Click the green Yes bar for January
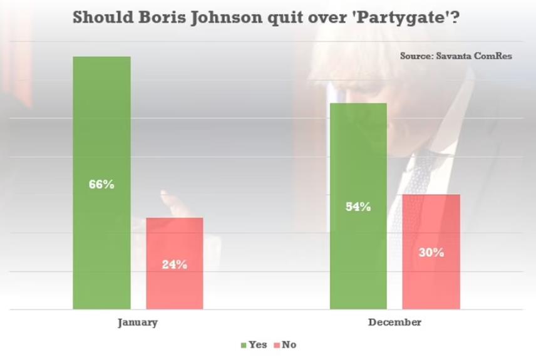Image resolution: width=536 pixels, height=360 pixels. point(101,125)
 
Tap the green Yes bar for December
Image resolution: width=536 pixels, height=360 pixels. point(358,157)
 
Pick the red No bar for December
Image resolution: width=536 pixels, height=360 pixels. point(431,225)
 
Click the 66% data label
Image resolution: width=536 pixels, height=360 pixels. point(101,185)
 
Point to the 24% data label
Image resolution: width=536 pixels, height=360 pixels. point(175,264)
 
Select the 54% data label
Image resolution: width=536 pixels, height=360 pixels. point(358,207)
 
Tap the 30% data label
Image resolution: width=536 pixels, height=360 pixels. point(431,253)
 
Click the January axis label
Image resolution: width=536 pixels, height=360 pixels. point(138,322)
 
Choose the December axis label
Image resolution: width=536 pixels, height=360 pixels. point(394,322)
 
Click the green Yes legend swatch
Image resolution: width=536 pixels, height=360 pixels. point(244,345)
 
